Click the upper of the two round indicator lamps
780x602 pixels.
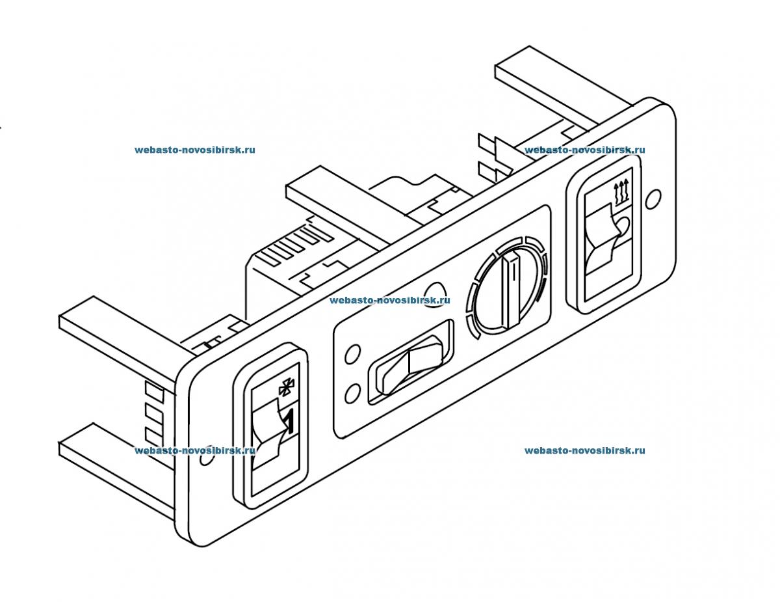tap(353, 353)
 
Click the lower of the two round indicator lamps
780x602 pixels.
tap(354, 392)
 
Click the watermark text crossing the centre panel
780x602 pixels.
tap(389, 301)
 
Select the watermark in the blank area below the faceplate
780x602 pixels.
tap(584, 450)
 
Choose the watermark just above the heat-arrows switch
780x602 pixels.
tap(584, 150)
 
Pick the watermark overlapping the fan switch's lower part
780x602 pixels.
tap(194, 450)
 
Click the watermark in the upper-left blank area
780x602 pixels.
tap(194, 150)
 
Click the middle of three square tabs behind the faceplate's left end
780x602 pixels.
tap(153, 412)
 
